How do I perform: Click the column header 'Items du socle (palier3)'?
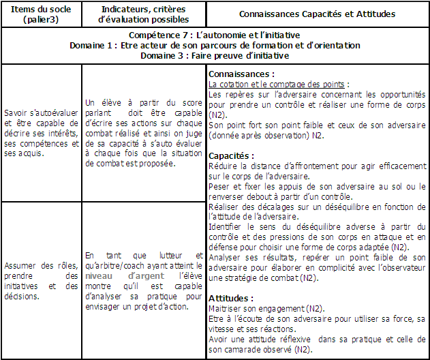coord(42,14)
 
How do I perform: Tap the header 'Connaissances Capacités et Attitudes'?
coord(317,14)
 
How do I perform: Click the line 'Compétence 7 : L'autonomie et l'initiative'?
coord(215,35)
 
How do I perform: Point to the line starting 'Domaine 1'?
coord(215,45)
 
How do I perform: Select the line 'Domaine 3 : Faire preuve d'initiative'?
coord(215,55)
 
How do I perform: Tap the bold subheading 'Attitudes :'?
coord(229,299)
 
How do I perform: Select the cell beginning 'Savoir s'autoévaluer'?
coord(42,133)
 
